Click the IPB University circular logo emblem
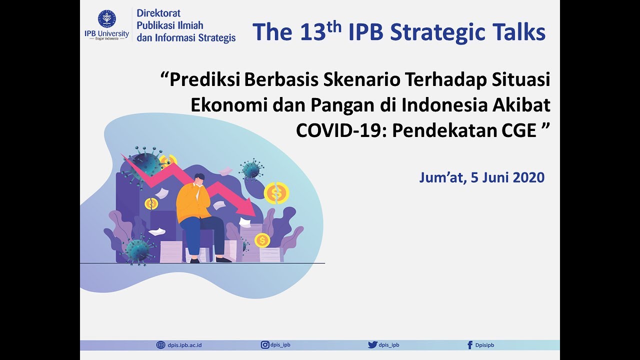tap(106, 19)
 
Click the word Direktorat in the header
tap(158, 13)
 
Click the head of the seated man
tap(199, 179)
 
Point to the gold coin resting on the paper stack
tap(262, 240)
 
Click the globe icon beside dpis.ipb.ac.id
tap(160, 344)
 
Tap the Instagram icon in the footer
tap(265, 344)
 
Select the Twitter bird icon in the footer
tap(372, 344)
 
